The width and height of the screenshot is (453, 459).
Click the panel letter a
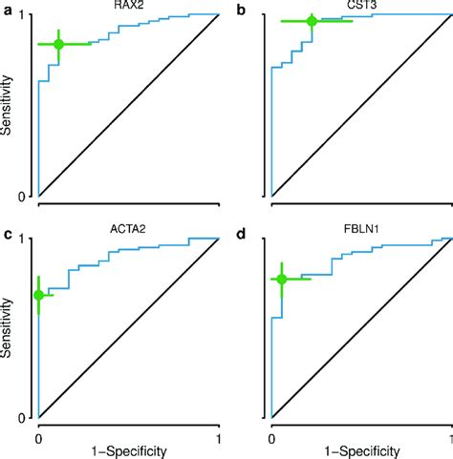coord(7,9)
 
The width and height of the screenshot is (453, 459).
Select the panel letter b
coord(241,9)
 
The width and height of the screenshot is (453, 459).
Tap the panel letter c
coord(7,232)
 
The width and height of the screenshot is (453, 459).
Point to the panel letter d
coord(241,232)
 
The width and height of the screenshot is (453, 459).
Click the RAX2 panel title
coord(128,6)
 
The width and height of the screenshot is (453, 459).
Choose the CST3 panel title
coord(361,6)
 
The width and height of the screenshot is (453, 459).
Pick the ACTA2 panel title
coord(128,229)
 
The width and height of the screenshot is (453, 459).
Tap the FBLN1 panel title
coord(361,229)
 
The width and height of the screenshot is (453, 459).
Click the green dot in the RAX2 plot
coord(58,45)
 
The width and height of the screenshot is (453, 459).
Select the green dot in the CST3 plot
coord(312,21)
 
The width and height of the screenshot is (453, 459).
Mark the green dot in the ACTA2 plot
coord(38,296)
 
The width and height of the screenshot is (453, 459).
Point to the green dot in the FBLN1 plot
coord(281,279)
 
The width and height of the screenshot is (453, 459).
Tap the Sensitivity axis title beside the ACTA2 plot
coord(9,328)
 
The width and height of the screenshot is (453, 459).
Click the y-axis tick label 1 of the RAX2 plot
coord(28,15)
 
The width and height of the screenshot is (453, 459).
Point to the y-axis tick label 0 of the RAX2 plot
coord(28,197)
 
